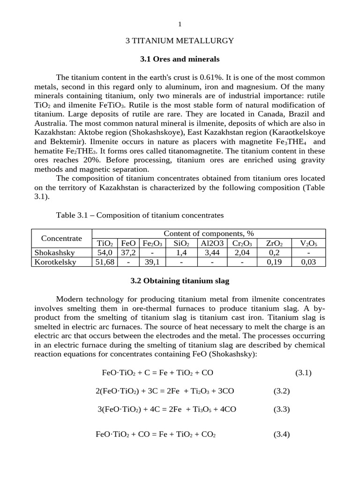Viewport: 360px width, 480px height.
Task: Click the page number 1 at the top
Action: click(180, 24)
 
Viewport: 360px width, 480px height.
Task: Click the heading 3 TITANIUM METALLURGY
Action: click(180, 41)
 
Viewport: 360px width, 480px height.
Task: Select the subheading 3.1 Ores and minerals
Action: click(180, 60)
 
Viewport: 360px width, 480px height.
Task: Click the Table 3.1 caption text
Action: click(140, 215)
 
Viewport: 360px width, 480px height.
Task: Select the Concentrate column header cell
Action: click(61, 238)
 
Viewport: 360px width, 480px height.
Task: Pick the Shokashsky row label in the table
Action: click(55, 253)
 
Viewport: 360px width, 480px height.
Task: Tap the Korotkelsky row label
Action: click(55, 262)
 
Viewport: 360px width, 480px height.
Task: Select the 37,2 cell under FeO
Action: click(128, 253)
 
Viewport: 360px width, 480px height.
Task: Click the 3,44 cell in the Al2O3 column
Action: click(212, 253)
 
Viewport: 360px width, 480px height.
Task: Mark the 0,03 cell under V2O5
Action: click(308, 262)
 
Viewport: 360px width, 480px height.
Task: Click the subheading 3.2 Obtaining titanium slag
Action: click(180, 281)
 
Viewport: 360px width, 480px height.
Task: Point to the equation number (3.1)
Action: click(303, 373)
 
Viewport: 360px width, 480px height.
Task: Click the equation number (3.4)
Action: click(282, 434)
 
